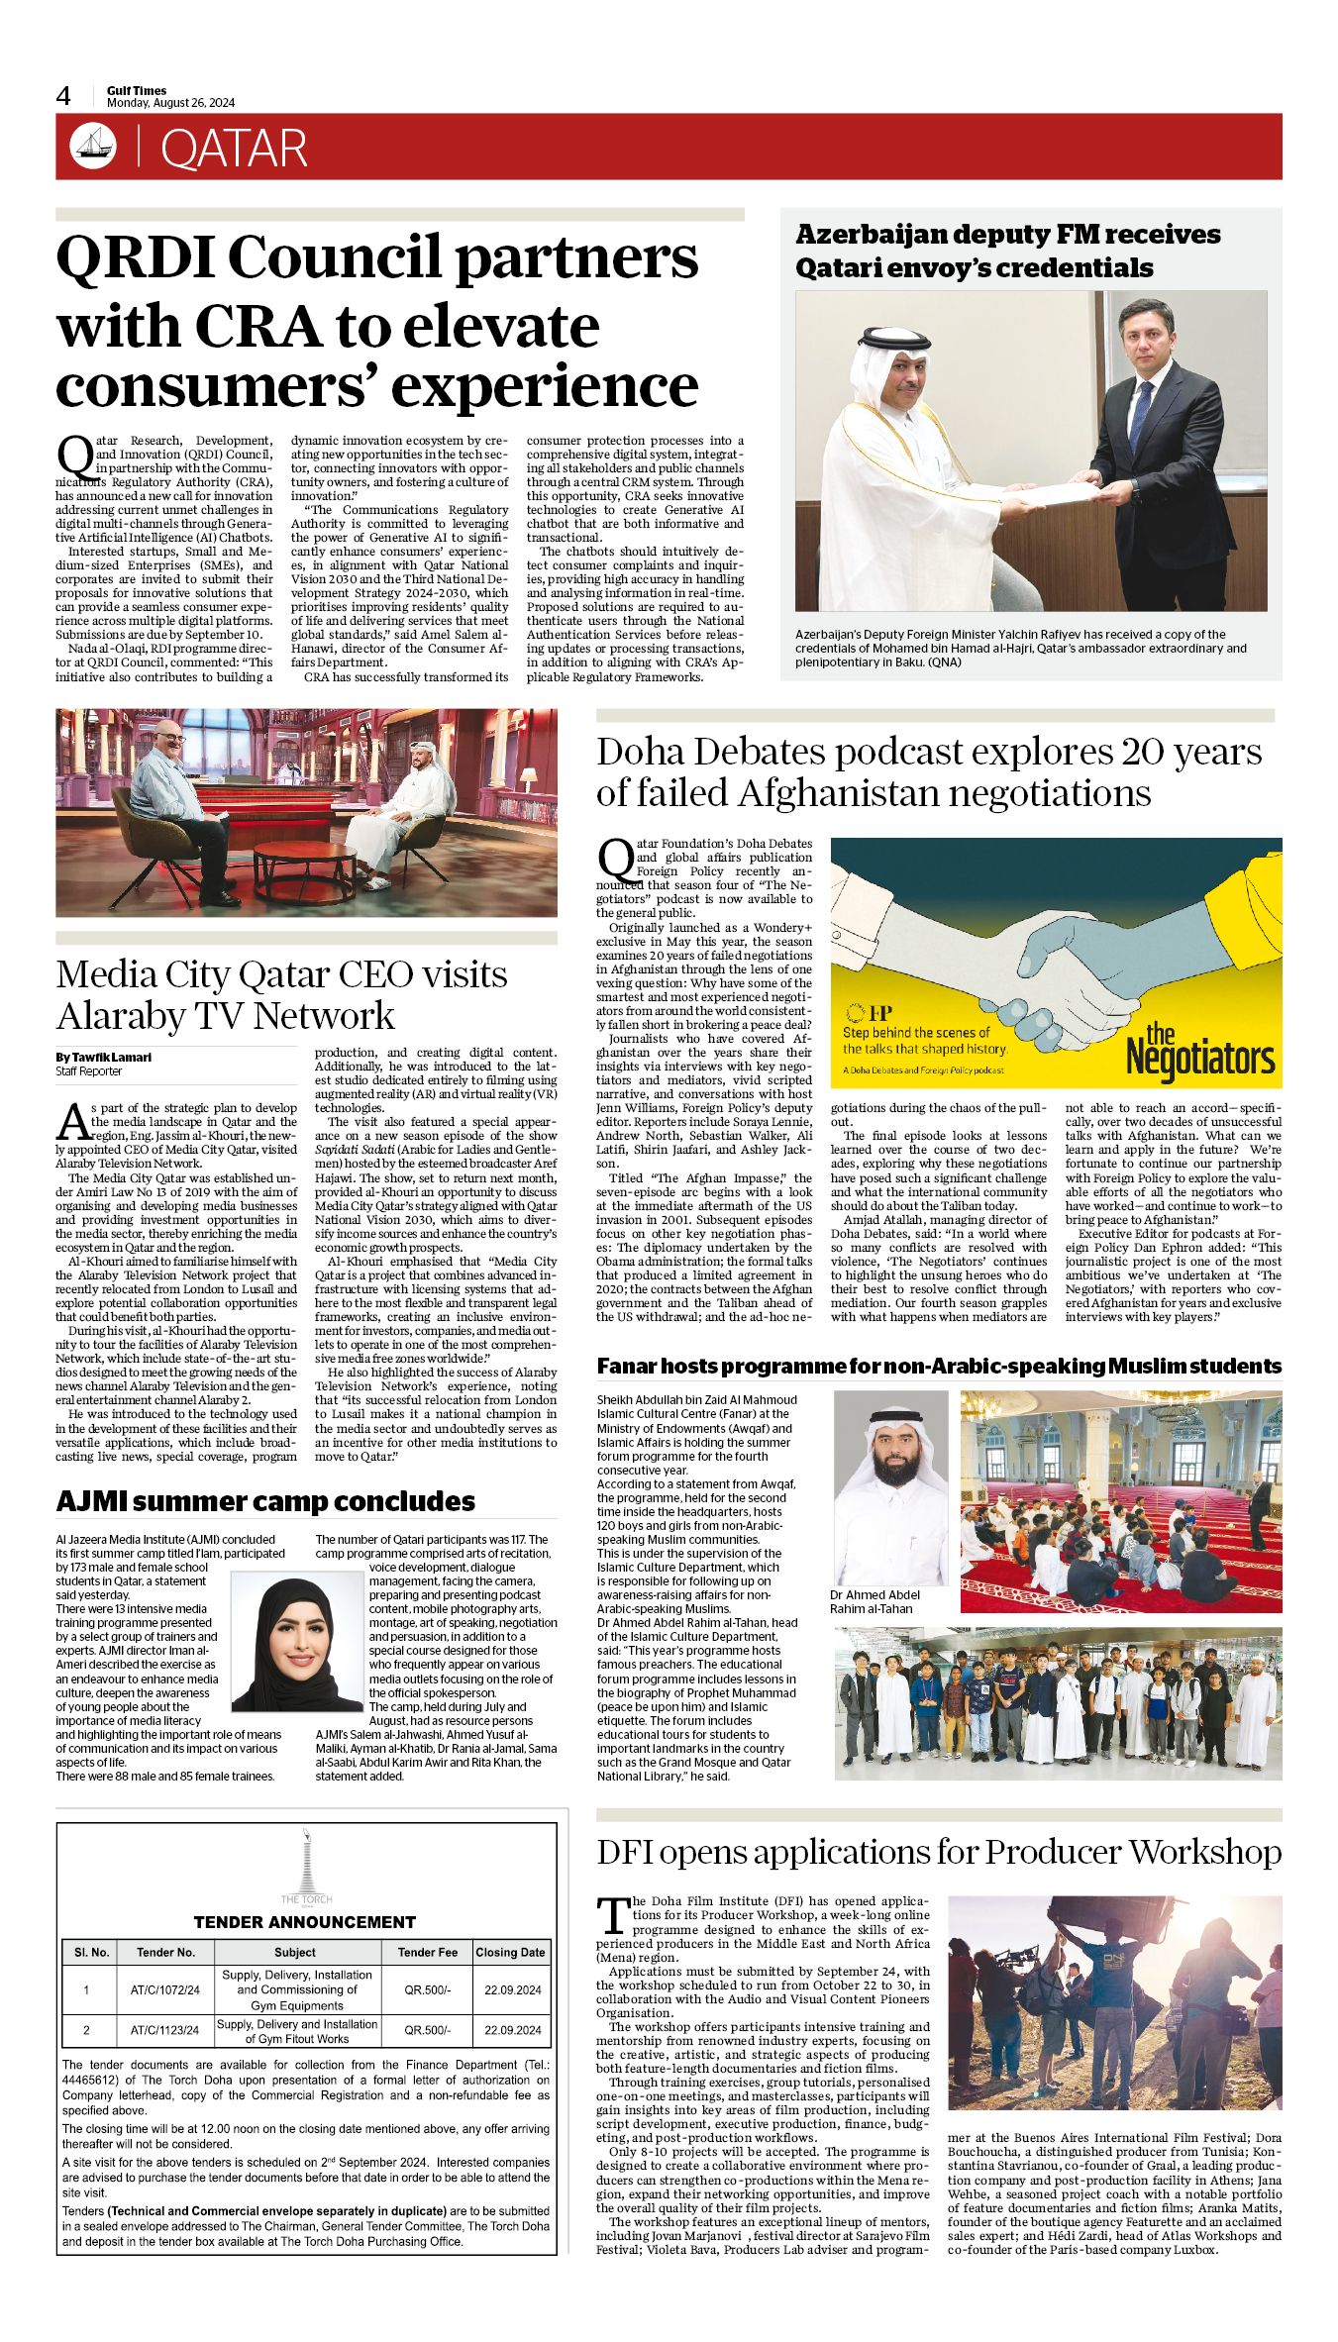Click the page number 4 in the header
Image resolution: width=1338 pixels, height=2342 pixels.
[x=63, y=96]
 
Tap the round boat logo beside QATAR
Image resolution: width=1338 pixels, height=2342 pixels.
[x=93, y=147]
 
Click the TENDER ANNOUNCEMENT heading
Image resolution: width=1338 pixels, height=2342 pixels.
[x=304, y=1922]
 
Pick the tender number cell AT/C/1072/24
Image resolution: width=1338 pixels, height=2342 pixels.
[x=164, y=1989]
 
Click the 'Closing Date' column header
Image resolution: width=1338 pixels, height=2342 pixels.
[x=510, y=1952]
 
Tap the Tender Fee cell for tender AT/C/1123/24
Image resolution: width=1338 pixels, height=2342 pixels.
[x=427, y=2030]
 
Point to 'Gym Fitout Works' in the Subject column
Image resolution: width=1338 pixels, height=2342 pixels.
[x=297, y=2039]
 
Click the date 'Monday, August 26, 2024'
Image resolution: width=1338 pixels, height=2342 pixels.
[x=170, y=103]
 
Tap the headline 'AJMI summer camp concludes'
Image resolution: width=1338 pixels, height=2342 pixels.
[x=265, y=1501]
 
